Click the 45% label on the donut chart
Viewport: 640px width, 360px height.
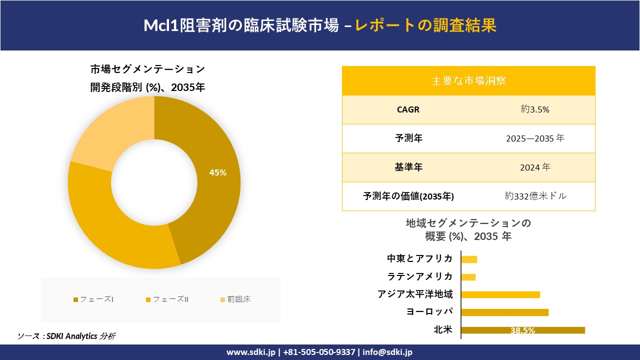218,172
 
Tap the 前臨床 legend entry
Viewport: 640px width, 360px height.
235,299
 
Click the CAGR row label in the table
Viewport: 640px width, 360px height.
408,109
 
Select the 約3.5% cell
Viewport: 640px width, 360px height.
535,109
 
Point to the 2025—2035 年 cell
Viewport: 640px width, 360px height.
535,138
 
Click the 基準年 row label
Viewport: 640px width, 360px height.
408,167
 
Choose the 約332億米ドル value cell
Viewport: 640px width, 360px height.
535,196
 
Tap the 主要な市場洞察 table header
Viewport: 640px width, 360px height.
468,80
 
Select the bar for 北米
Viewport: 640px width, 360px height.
522,330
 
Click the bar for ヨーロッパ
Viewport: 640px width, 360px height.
504,312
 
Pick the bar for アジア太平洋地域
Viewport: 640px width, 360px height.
500,294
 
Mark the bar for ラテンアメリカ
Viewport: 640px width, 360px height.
468,277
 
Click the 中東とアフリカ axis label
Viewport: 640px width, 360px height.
420,258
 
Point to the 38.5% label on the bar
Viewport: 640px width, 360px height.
522,330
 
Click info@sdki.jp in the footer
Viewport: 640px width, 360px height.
387,352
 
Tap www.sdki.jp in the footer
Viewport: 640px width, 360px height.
251,352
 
